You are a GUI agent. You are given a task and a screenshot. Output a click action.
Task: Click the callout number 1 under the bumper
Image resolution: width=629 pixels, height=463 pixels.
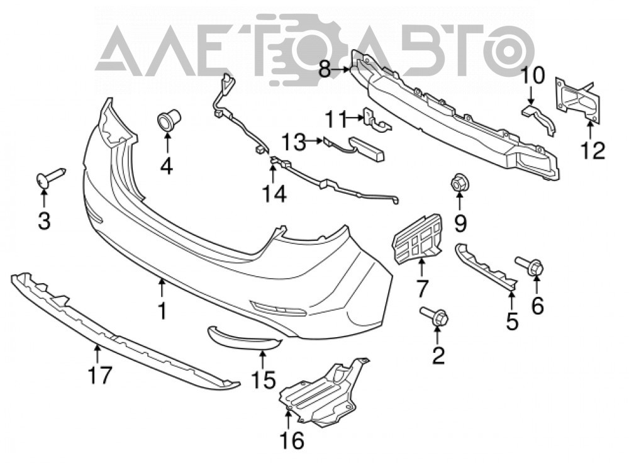(x=162, y=311)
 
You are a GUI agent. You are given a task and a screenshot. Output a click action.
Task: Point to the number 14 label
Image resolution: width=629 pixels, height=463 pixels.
(x=275, y=194)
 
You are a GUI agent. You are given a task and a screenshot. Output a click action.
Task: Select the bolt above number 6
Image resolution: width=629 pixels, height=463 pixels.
(x=530, y=266)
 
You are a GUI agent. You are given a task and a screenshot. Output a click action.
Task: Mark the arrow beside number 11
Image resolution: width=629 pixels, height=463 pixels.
(x=355, y=118)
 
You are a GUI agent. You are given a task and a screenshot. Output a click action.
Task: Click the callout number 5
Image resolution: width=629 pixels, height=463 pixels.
(x=512, y=321)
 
